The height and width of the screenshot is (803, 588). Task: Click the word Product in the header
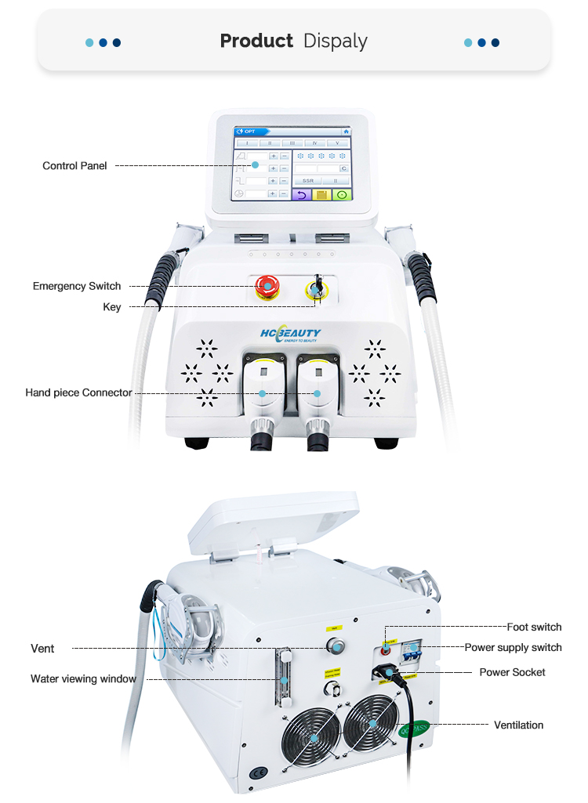pos(256,42)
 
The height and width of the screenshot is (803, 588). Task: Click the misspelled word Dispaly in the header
pos(335,42)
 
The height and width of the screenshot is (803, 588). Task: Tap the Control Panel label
pos(74,166)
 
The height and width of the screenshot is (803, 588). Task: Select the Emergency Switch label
pos(77,286)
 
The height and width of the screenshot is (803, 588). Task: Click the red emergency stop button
pos(267,288)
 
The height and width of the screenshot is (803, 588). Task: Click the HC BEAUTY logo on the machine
pos(290,335)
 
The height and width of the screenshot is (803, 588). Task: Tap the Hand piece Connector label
pos(78,392)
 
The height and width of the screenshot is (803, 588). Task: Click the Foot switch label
pos(534,627)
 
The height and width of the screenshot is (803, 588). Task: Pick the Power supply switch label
pos(513,647)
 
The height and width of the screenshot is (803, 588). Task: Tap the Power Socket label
pos(512,672)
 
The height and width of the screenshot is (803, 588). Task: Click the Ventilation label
pos(518,725)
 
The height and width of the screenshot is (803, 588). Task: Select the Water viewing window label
pos(83,678)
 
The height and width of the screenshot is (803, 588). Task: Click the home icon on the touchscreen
pos(346,132)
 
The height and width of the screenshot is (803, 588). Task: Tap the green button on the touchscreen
pos(341,194)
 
